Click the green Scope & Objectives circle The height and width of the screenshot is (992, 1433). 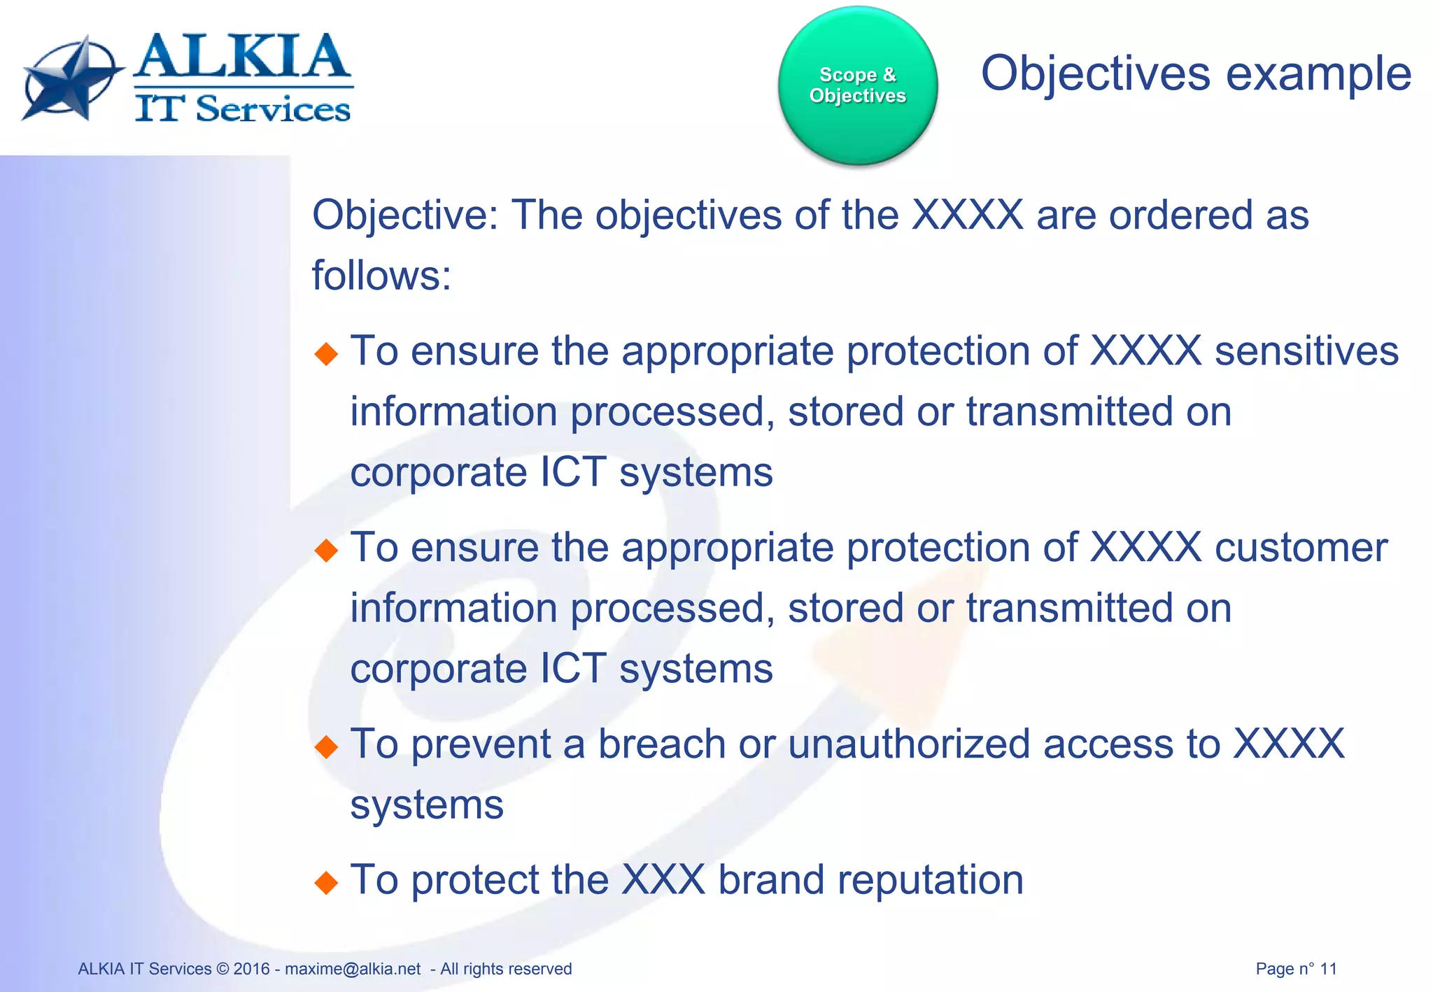857,85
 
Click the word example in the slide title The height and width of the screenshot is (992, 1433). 1318,73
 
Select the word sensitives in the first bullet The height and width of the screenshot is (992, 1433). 1306,351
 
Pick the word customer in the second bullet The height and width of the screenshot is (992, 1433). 1301,548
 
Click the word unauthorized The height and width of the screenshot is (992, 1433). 909,744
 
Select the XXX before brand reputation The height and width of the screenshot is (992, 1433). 663,880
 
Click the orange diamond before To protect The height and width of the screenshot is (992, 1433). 326,883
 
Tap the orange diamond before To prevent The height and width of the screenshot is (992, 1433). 326,747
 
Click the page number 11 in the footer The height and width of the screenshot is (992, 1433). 1328,969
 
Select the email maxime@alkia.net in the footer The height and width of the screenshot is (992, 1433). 353,969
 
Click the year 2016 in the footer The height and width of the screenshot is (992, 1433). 251,969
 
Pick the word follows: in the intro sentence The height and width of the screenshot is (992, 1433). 381,276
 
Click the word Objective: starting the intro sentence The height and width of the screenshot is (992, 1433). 405,215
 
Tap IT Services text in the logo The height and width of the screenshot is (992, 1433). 242,109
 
